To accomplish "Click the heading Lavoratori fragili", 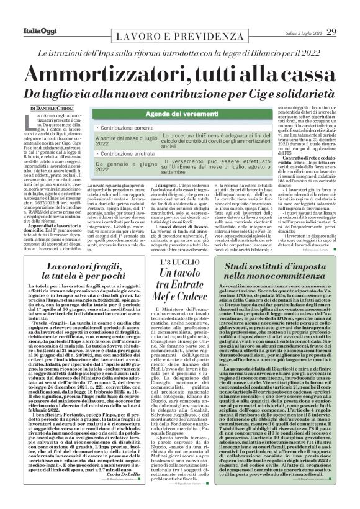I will click(x=88, y=279).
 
